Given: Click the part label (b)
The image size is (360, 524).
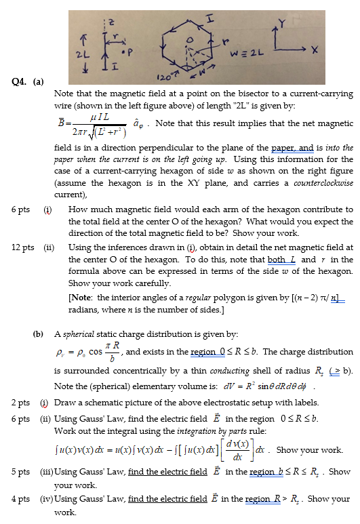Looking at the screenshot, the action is point(39,334).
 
